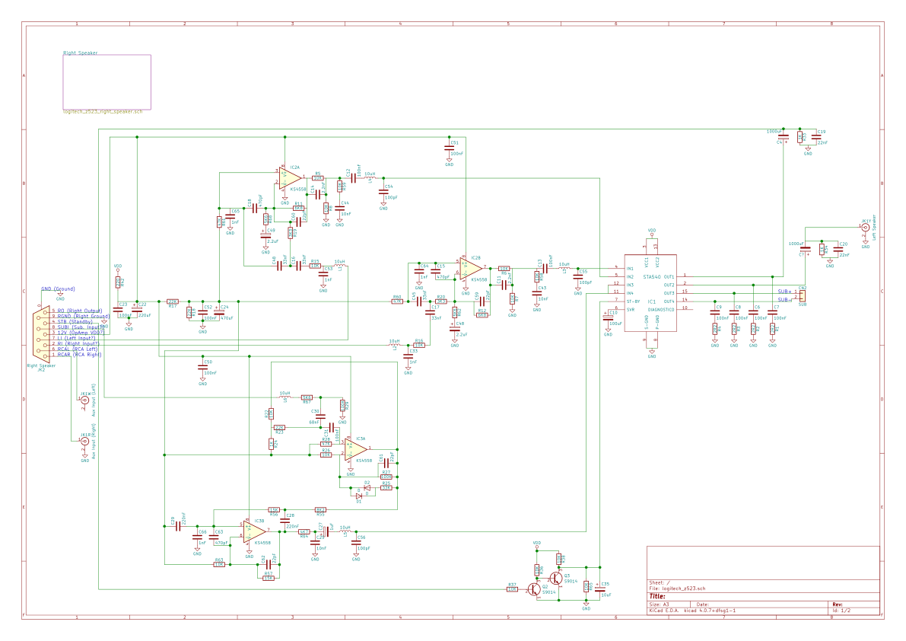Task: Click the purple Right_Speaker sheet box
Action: point(106,82)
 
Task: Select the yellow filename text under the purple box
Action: point(102,113)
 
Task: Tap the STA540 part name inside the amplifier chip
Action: point(651,277)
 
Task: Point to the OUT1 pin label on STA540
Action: point(669,276)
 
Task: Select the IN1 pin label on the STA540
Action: point(630,268)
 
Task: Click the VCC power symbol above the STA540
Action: point(651,231)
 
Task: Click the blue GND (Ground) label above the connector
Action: point(59,289)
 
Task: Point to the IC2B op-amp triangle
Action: point(469,268)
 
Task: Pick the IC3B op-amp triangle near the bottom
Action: point(253,531)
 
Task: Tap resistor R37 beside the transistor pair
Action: point(513,588)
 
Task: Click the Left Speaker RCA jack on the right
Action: point(866,228)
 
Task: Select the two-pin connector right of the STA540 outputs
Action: point(802,294)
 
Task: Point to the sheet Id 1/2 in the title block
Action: point(841,611)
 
